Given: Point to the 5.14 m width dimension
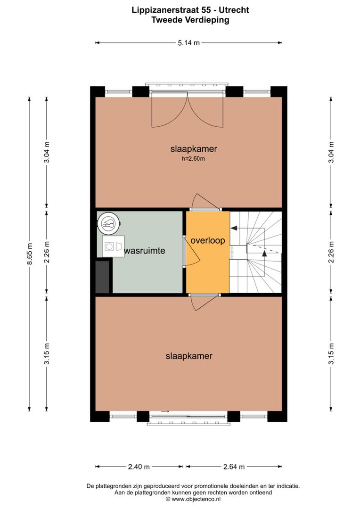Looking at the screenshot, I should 188,43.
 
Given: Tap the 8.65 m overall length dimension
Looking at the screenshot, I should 30,254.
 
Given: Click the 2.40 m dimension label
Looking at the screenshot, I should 139,467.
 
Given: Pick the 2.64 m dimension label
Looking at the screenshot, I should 234,467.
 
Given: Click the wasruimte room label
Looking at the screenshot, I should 145,251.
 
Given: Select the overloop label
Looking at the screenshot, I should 208,240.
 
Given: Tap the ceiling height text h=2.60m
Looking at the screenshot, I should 194,159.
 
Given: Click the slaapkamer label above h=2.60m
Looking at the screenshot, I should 194,149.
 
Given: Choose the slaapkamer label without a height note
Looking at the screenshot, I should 188,356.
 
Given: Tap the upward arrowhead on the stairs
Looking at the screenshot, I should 264,254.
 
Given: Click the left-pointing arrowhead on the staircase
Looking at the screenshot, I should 234,228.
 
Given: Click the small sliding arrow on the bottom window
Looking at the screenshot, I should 164,411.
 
